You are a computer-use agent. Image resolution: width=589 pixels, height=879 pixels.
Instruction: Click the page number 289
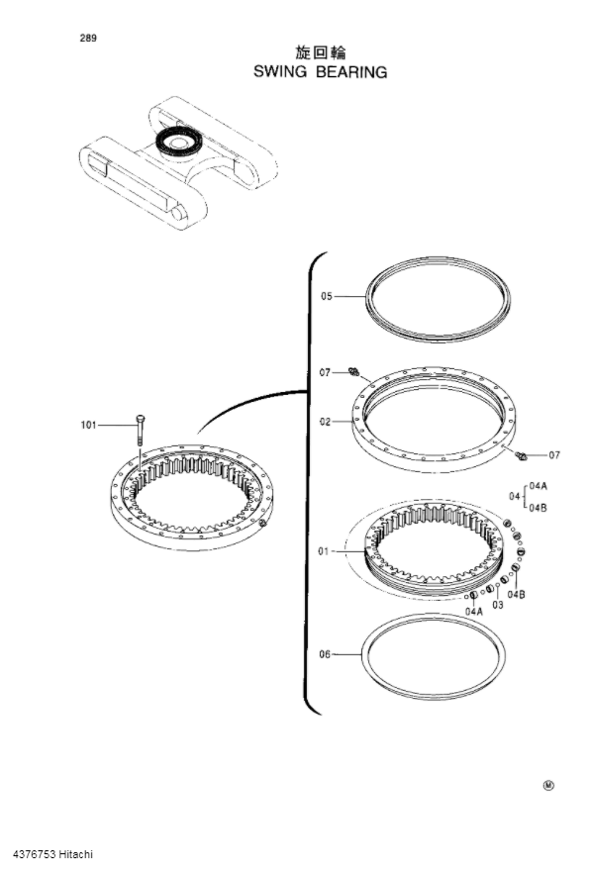90,39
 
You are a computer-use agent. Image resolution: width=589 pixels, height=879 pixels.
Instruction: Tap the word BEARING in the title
352,72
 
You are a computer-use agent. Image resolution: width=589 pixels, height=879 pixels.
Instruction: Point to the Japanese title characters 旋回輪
320,53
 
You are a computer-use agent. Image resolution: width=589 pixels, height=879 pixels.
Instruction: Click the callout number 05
327,295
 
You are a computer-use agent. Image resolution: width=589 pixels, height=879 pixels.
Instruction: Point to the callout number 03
498,604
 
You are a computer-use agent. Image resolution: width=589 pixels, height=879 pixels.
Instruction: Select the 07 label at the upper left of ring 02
325,373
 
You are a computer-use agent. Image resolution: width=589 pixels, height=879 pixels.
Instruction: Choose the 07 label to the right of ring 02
554,455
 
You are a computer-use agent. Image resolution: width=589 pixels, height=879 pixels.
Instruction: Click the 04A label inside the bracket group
539,486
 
